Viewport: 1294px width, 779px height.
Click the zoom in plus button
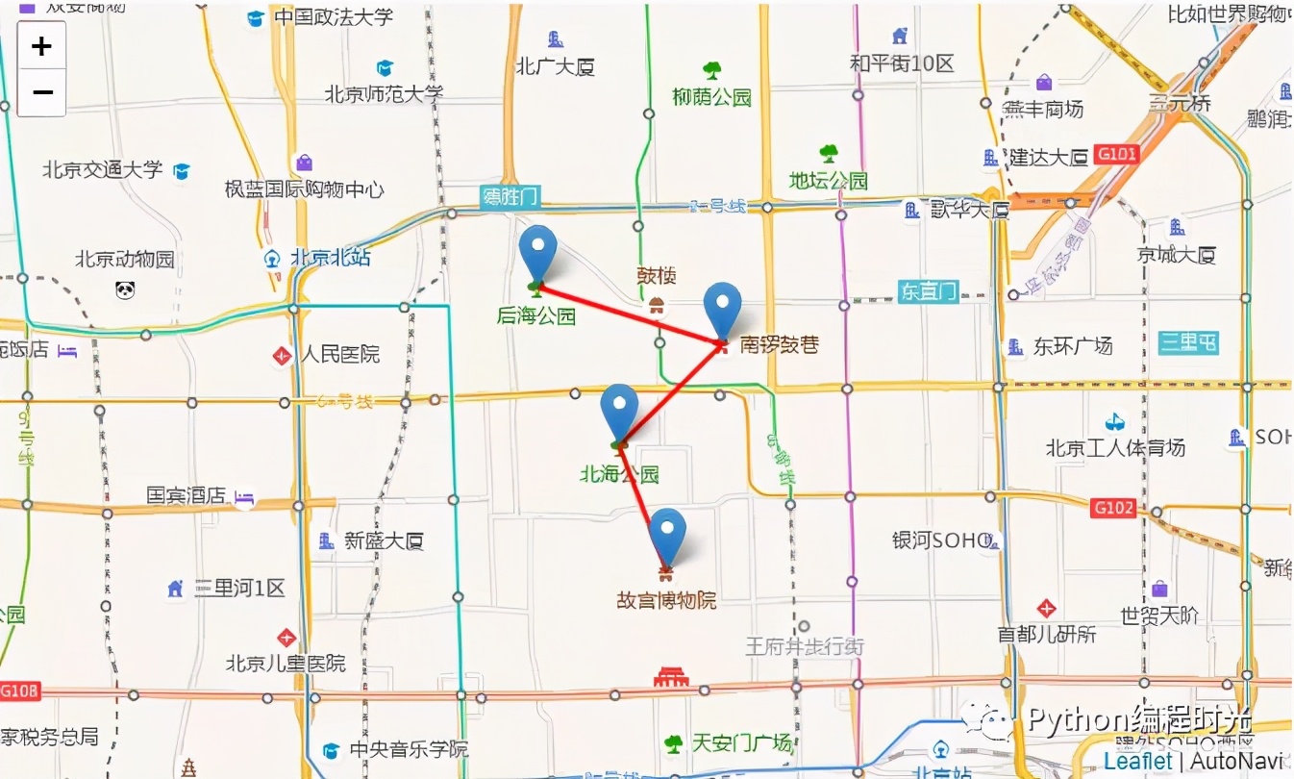pos(41,46)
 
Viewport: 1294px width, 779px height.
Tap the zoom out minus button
pos(41,93)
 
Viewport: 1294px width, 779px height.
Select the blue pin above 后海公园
pos(538,250)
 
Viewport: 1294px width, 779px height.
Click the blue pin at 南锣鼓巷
pos(723,308)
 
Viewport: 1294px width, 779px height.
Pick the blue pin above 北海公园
pos(619,409)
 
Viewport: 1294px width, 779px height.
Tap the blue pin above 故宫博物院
pos(667,533)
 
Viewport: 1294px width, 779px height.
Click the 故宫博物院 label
pos(666,601)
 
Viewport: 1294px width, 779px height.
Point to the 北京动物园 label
pos(125,260)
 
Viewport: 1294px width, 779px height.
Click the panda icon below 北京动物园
pos(125,289)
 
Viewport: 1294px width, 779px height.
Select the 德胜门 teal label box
pos(510,198)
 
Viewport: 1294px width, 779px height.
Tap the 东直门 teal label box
pos(929,290)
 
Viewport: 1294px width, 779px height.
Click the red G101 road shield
pos(1117,155)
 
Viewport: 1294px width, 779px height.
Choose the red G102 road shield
pos(1113,507)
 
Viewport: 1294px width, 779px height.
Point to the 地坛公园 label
pos(828,181)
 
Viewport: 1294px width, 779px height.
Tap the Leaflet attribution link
pos(1138,761)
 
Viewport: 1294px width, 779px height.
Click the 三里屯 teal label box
pos(1188,342)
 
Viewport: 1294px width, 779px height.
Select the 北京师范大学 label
pos(384,94)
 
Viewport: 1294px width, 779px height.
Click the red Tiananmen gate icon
pos(671,678)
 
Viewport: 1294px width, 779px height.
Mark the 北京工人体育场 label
pos(1115,447)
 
